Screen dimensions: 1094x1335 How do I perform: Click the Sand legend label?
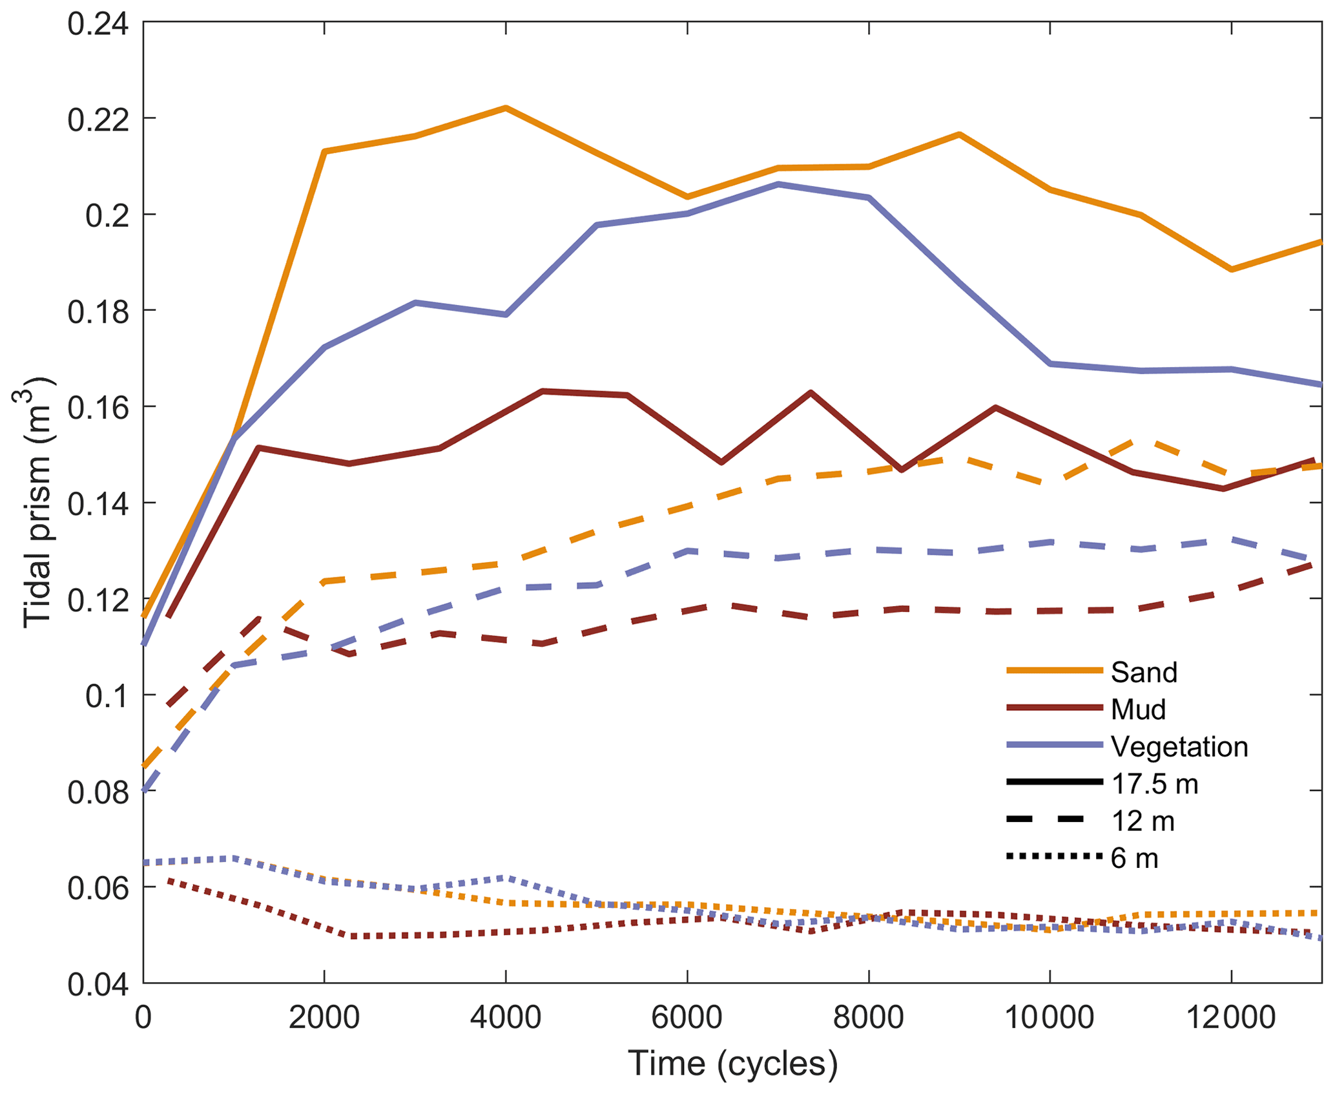1144,673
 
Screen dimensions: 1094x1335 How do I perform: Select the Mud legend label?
1138,710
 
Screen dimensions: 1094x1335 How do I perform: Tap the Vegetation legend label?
1179,747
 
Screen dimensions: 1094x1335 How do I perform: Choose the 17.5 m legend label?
1155,784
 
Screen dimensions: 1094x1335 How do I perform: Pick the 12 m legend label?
1143,821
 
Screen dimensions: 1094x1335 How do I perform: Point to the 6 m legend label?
1134,858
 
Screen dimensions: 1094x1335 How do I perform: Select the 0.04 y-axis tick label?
98,984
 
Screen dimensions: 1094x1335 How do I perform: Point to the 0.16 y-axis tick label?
98,408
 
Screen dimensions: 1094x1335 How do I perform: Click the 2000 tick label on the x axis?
324,1018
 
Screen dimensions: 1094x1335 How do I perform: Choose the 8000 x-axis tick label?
868,1018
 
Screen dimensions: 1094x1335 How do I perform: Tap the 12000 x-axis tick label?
1231,1018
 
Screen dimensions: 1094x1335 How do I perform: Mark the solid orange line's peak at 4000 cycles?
506,108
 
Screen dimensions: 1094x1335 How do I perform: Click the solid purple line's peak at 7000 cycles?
778,184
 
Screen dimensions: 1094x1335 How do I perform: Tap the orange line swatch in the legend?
1054,671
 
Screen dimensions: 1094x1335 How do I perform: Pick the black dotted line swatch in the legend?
1054,857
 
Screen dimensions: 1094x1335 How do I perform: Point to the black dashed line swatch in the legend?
1054,820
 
